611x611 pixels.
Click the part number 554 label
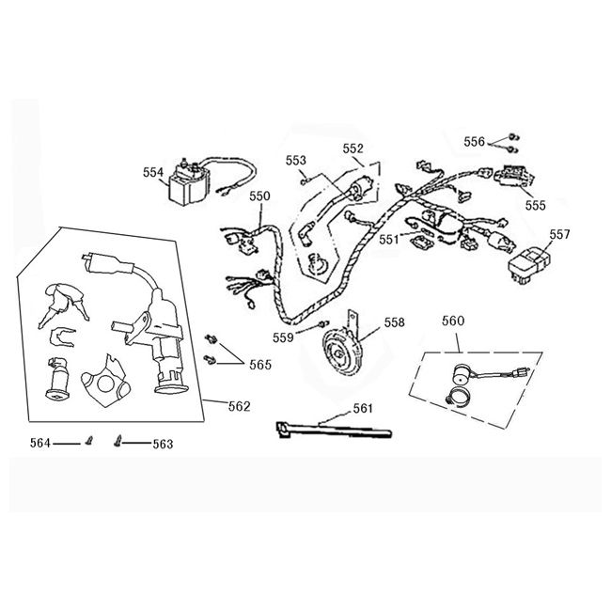(x=152, y=172)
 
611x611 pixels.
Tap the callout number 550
(x=259, y=196)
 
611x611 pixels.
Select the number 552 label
(x=352, y=149)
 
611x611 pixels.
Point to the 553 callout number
(x=296, y=160)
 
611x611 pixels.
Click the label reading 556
(x=475, y=141)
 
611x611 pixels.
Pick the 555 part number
(x=535, y=205)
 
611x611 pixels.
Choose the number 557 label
(x=559, y=234)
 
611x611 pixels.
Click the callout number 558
(x=395, y=321)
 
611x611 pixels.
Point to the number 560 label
(x=453, y=321)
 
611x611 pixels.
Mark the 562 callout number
(x=240, y=406)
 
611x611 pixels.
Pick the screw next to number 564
(x=90, y=439)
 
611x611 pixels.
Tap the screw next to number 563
(x=117, y=439)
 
